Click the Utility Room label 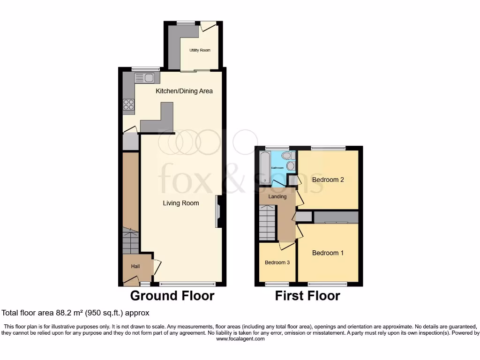click(200, 50)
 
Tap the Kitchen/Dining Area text click(184, 91)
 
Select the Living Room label click(181, 203)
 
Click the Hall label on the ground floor click(135, 266)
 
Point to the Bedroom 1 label click(328, 253)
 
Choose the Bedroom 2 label click(328, 180)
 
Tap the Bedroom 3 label click(277, 262)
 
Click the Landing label click(277, 196)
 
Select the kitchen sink click(144, 78)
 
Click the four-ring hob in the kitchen click(128, 105)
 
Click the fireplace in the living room click(218, 212)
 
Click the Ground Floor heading click(172, 296)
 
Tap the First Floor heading click(307, 296)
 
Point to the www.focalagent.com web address click(240, 339)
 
